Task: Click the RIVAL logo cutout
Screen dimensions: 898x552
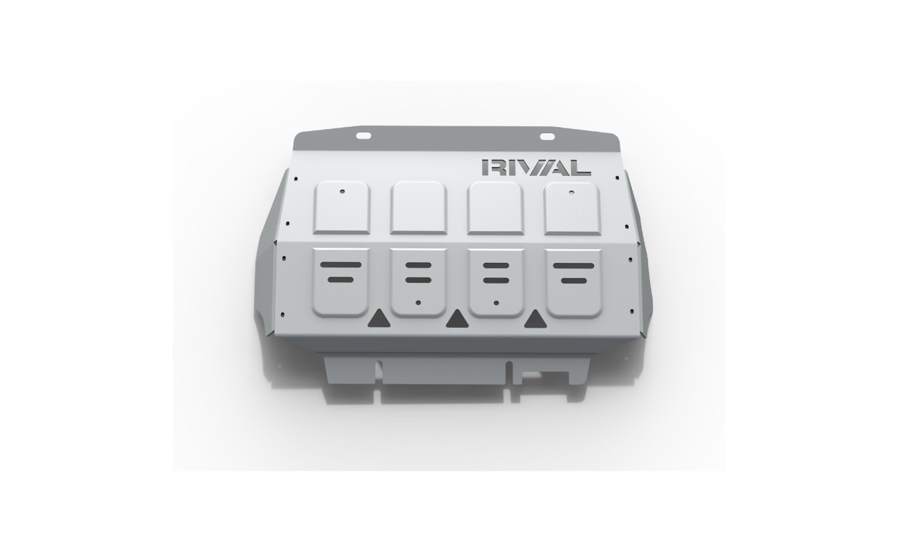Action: [536, 168]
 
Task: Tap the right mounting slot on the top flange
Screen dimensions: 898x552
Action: [547, 137]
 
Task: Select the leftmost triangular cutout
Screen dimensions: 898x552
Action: [379, 319]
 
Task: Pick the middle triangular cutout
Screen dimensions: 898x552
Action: [457, 319]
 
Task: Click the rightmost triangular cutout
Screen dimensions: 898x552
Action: [535, 319]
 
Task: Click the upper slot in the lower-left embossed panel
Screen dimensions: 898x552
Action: [341, 265]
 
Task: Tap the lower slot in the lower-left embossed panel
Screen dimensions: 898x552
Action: [341, 279]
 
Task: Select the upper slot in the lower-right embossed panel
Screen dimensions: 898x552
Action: [573, 266]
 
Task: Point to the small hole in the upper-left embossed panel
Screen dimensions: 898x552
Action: [342, 192]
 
